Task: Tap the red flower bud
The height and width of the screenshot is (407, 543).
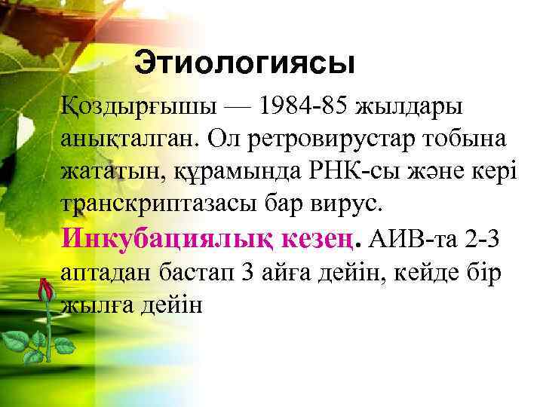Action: pyautogui.click(x=46, y=290)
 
